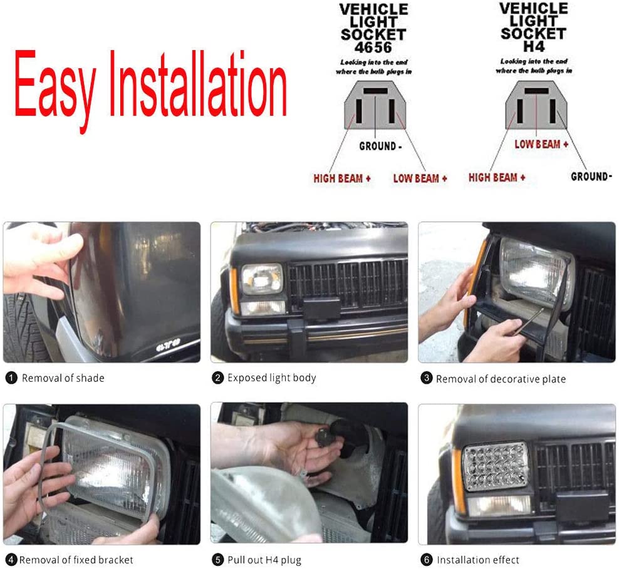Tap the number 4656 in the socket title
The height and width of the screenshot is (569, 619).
pyautogui.click(x=374, y=48)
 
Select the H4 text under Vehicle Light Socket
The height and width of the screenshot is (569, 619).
pyautogui.click(x=534, y=46)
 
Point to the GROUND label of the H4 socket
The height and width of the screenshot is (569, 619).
pyautogui.click(x=591, y=177)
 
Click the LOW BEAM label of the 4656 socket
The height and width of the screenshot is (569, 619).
pyautogui.click(x=420, y=178)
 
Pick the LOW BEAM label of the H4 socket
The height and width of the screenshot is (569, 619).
pyautogui.click(x=541, y=144)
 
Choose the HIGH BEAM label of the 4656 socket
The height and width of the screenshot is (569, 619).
pyautogui.click(x=342, y=178)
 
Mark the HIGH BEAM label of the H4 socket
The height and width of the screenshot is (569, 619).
pyautogui.click(x=497, y=178)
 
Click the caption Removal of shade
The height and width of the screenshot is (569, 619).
pyautogui.click(x=63, y=378)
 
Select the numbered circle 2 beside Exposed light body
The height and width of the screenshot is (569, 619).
pyautogui.click(x=217, y=378)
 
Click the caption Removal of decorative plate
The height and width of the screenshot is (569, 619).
pyautogui.click(x=501, y=379)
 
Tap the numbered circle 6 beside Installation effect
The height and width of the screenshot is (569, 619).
pyautogui.click(x=427, y=560)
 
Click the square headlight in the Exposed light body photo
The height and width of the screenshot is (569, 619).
pyautogui.click(x=261, y=279)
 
